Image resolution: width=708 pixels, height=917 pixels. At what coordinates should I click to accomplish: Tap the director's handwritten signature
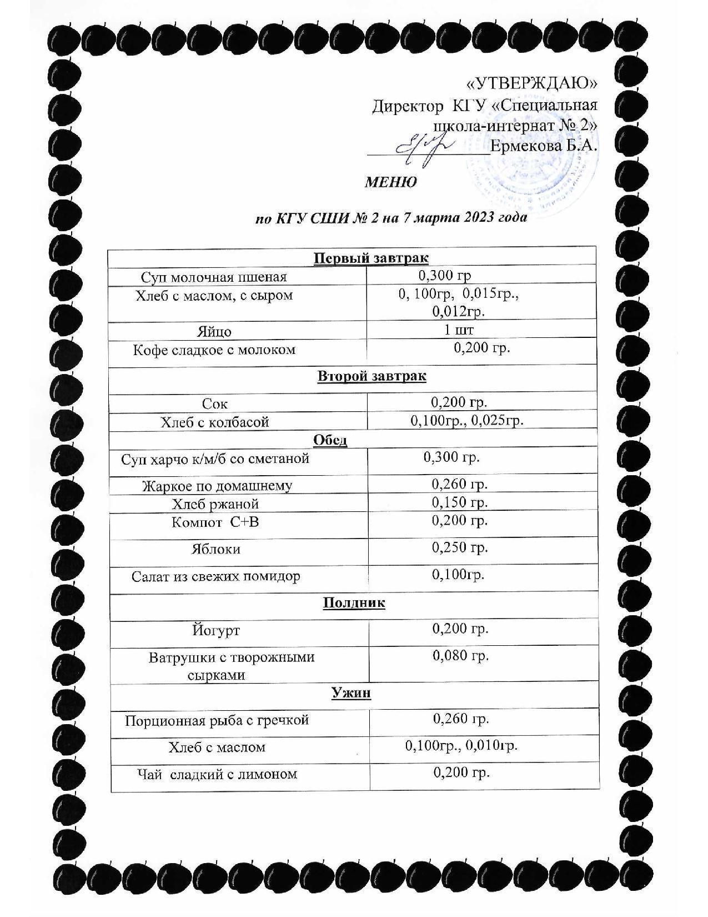pos(425,149)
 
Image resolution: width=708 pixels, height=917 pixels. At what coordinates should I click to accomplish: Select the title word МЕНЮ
pos(391,182)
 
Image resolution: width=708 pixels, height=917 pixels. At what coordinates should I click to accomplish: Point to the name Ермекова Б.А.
pos(544,147)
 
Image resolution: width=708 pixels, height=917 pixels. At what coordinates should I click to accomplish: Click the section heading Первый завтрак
pos(371,258)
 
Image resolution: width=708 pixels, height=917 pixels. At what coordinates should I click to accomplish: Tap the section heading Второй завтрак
pos(371,376)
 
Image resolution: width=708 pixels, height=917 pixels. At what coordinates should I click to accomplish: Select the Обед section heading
pos(330,440)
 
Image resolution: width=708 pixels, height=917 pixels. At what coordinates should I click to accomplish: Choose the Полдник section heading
pos(354,603)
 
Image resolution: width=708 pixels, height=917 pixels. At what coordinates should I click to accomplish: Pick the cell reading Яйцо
pos(214,332)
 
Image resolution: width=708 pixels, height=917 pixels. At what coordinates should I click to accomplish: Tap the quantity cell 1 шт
pos(459,330)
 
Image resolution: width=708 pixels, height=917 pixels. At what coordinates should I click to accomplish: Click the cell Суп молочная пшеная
pos(214,277)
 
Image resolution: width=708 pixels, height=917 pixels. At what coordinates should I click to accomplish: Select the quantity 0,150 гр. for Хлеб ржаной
pos(460,502)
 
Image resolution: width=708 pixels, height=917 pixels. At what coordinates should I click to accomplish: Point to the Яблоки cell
pos(216,549)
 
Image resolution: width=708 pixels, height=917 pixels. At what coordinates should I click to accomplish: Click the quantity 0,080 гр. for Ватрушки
pos(461,656)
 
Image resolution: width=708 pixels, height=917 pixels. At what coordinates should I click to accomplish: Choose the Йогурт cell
pos(216,631)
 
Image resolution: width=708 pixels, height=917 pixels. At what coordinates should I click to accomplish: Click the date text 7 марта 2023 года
pos(465,218)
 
